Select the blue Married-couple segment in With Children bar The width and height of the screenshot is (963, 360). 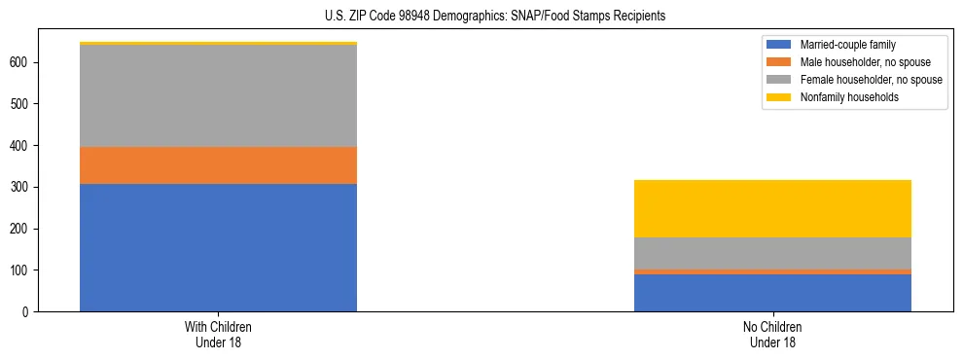[218, 247]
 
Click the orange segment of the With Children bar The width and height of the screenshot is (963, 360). [218, 165]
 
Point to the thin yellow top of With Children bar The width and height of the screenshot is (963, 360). [218, 44]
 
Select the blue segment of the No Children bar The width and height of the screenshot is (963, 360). [772, 293]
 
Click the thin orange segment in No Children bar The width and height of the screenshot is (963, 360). [772, 271]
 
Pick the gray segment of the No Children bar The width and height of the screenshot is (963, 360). [772, 253]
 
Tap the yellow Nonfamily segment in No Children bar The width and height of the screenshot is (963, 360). [772, 208]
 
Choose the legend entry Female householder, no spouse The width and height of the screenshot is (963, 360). [855, 80]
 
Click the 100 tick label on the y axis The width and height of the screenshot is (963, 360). [21, 270]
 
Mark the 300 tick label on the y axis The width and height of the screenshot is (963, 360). [21, 187]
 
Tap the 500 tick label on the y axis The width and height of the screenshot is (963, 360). [21, 104]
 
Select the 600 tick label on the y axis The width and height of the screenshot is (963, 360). [21, 62]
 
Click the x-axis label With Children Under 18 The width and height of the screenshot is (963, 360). [218, 335]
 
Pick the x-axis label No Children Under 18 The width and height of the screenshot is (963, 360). [772, 335]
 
